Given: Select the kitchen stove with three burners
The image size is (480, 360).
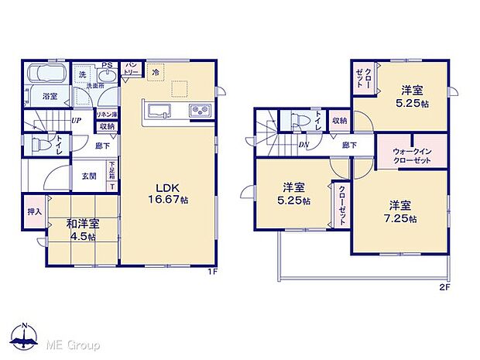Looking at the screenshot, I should (x=200, y=111).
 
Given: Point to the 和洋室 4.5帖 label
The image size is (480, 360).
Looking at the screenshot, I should (x=81, y=230).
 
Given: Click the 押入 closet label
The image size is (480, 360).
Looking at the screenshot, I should (x=33, y=211).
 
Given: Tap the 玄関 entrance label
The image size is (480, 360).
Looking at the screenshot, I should (x=89, y=176).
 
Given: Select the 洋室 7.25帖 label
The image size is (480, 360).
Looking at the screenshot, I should (x=401, y=211).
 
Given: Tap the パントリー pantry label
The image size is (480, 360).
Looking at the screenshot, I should (x=132, y=67).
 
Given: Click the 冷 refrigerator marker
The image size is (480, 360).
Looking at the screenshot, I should (x=156, y=71).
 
